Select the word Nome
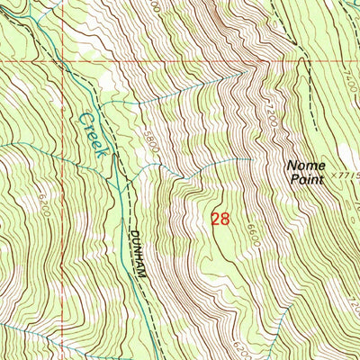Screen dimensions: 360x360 tap(302, 166)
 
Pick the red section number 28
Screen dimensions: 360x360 tap(220, 219)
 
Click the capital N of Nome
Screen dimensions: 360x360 tap(292, 166)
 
